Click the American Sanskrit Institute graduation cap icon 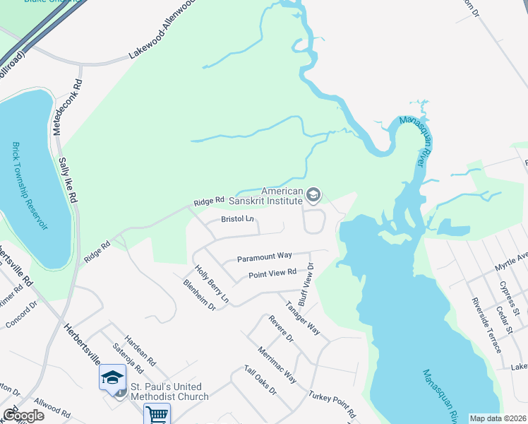(x=313, y=194)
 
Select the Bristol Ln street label (x=237, y=219)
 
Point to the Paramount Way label (x=264, y=256)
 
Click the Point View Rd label (x=271, y=274)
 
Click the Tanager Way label (x=302, y=318)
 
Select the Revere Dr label (x=280, y=329)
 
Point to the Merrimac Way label (x=277, y=364)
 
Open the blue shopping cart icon (x=157, y=414)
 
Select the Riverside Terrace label (x=486, y=326)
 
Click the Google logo (x=23, y=416)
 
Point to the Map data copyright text (x=497, y=418)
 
